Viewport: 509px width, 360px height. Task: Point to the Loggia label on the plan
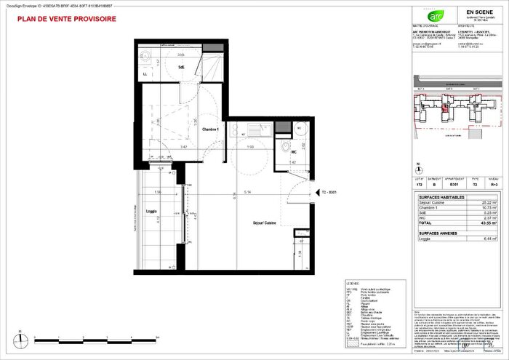[x=151, y=212]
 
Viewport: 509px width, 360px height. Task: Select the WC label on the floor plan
[x=293, y=153]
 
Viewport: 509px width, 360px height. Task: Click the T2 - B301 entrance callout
[x=332, y=193]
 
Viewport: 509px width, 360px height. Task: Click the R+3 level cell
[x=493, y=185]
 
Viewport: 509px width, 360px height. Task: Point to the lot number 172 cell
[x=418, y=185]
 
